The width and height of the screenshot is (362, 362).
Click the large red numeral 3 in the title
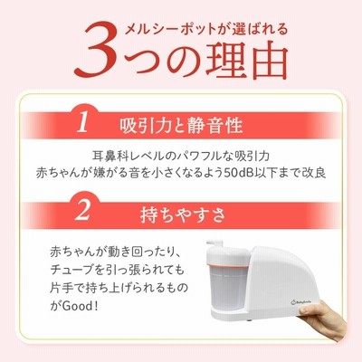pyautogui.click(x=96, y=50)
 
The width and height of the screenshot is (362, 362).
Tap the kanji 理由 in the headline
pyautogui.click(x=246, y=61)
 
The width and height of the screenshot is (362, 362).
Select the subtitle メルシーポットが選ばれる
pyautogui.click(x=206, y=30)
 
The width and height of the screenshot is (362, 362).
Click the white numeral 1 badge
pyautogui.click(x=82, y=123)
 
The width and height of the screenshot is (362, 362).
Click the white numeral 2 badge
pyautogui.click(x=82, y=211)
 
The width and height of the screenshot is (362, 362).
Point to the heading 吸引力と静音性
pyautogui.click(x=181, y=125)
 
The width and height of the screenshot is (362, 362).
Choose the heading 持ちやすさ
pyautogui.click(x=183, y=214)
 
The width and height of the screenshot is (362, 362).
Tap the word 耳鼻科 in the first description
pyautogui.click(x=109, y=157)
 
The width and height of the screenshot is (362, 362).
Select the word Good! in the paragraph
pyautogui.click(x=81, y=306)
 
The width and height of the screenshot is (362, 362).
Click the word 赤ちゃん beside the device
pyautogui.click(x=73, y=252)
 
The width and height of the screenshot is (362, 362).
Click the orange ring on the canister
pyautogui.click(x=228, y=265)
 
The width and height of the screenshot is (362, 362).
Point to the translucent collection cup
pyautogui.click(x=228, y=288)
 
